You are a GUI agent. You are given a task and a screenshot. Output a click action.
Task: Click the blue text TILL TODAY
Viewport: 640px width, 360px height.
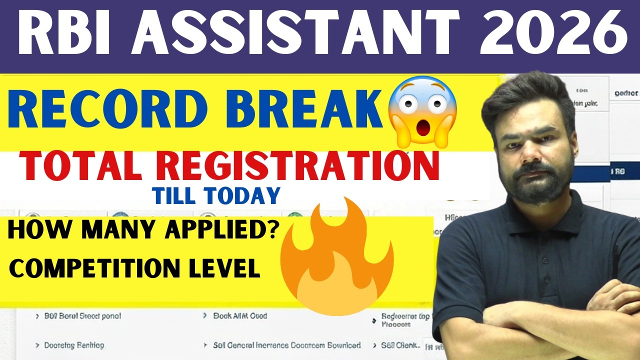(x=216, y=196)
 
